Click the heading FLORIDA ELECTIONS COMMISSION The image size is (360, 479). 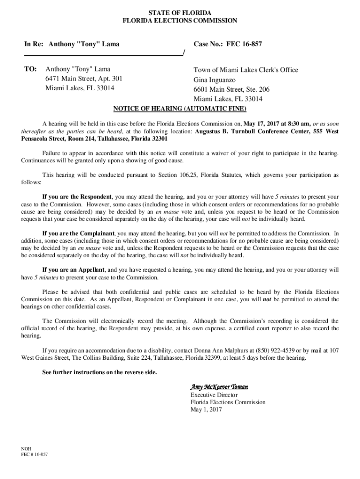180,21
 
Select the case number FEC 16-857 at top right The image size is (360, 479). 244,44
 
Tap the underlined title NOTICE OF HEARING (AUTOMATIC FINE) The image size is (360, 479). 180,109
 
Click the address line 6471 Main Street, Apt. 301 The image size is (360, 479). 84,79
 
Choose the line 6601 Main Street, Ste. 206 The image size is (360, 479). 231,89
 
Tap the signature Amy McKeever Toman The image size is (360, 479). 219,387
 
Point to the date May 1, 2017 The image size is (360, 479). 206,410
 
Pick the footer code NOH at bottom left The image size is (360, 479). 27,448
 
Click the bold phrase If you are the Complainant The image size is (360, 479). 79,232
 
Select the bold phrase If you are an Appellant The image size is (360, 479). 74,270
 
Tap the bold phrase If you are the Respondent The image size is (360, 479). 77,196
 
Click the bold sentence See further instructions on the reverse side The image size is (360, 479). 100,372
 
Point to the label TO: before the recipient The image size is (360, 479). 30,69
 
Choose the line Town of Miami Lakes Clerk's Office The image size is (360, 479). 245,70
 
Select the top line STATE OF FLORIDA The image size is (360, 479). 180,12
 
